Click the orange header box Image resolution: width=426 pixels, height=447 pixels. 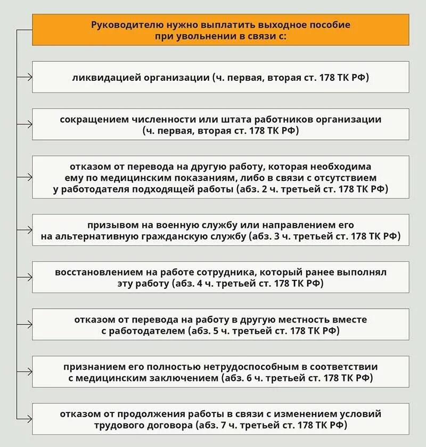(220, 30)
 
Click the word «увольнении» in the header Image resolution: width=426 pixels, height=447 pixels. (197, 36)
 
